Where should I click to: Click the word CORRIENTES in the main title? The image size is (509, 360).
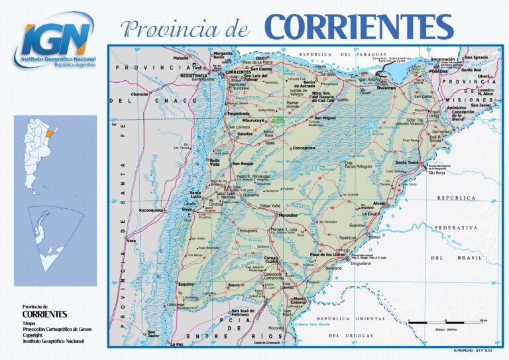(x=359, y=27)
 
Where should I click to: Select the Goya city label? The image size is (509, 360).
(x=188, y=209)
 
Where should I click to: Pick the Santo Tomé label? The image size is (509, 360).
(x=407, y=162)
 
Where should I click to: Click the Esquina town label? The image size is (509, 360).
(x=186, y=284)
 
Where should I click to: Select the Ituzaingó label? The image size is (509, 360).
(x=386, y=88)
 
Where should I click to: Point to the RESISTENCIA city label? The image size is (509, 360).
(x=194, y=76)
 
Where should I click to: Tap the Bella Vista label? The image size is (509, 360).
(x=215, y=162)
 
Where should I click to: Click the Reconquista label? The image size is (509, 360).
(x=151, y=210)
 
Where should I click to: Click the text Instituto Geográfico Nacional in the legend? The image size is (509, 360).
(x=53, y=341)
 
